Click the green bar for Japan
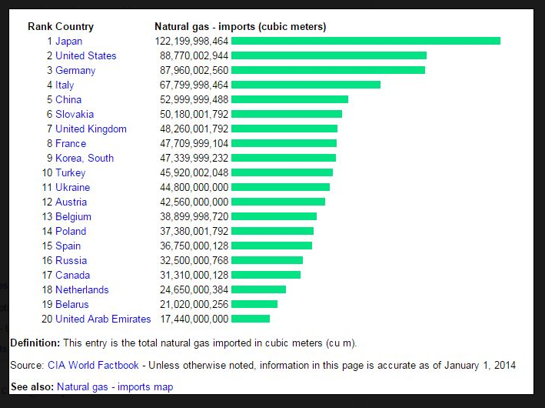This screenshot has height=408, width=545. pyautogui.click(x=365, y=41)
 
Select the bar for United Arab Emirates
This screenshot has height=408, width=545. pyautogui.click(x=250, y=319)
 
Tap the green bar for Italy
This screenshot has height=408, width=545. pyautogui.click(x=305, y=85)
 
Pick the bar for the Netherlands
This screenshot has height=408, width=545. pyautogui.click(x=258, y=289)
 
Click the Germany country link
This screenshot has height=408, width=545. pyautogui.click(x=75, y=70)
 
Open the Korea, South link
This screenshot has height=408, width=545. pyautogui.click(x=85, y=158)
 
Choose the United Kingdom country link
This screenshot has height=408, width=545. pyautogui.click(x=91, y=129)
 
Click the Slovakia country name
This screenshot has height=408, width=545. pyautogui.click(x=75, y=114)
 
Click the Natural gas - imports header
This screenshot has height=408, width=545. pyautogui.click(x=240, y=26)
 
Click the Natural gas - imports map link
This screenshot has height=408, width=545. pyautogui.click(x=115, y=386)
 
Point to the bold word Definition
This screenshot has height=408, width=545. pyautogui.click(x=35, y=342)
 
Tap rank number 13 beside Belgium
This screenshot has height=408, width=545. pyautogui.click(x=47, y=216)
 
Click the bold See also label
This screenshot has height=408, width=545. pyautogui.click(x=32, y=386)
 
